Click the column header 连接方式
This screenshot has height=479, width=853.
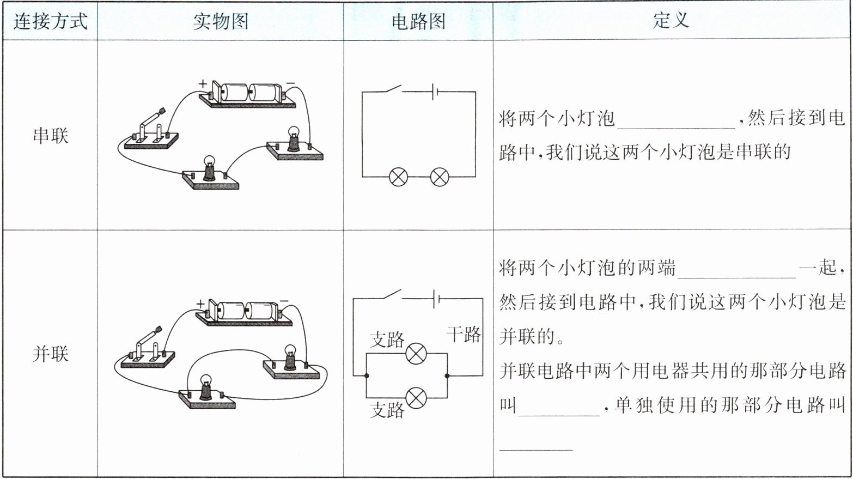50,22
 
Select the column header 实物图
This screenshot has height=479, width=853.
221,22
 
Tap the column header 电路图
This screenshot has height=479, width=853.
418,22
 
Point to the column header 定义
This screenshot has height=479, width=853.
671,21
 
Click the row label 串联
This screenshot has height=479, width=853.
50,135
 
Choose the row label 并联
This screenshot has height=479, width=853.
50,354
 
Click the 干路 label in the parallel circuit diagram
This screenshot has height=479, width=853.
464,334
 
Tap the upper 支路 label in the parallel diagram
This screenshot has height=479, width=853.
387,339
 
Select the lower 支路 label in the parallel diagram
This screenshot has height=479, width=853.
387,410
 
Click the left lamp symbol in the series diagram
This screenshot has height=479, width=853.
398,177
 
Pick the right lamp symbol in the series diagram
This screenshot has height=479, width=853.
440,177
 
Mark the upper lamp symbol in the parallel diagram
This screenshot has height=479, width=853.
417,354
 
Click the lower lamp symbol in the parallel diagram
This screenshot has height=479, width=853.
417,398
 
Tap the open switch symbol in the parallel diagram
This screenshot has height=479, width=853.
391,295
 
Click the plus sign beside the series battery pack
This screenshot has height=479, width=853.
203,83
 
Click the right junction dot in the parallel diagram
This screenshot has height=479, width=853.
447,376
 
